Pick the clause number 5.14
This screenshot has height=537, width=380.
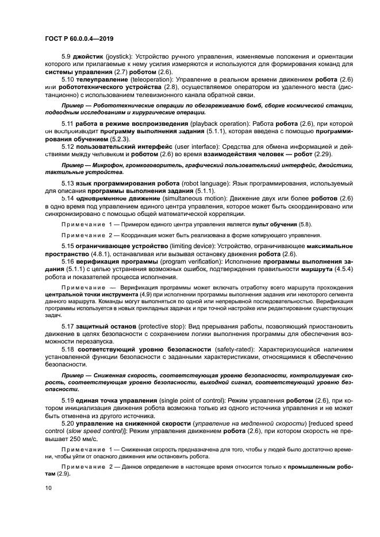click(67, 198)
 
